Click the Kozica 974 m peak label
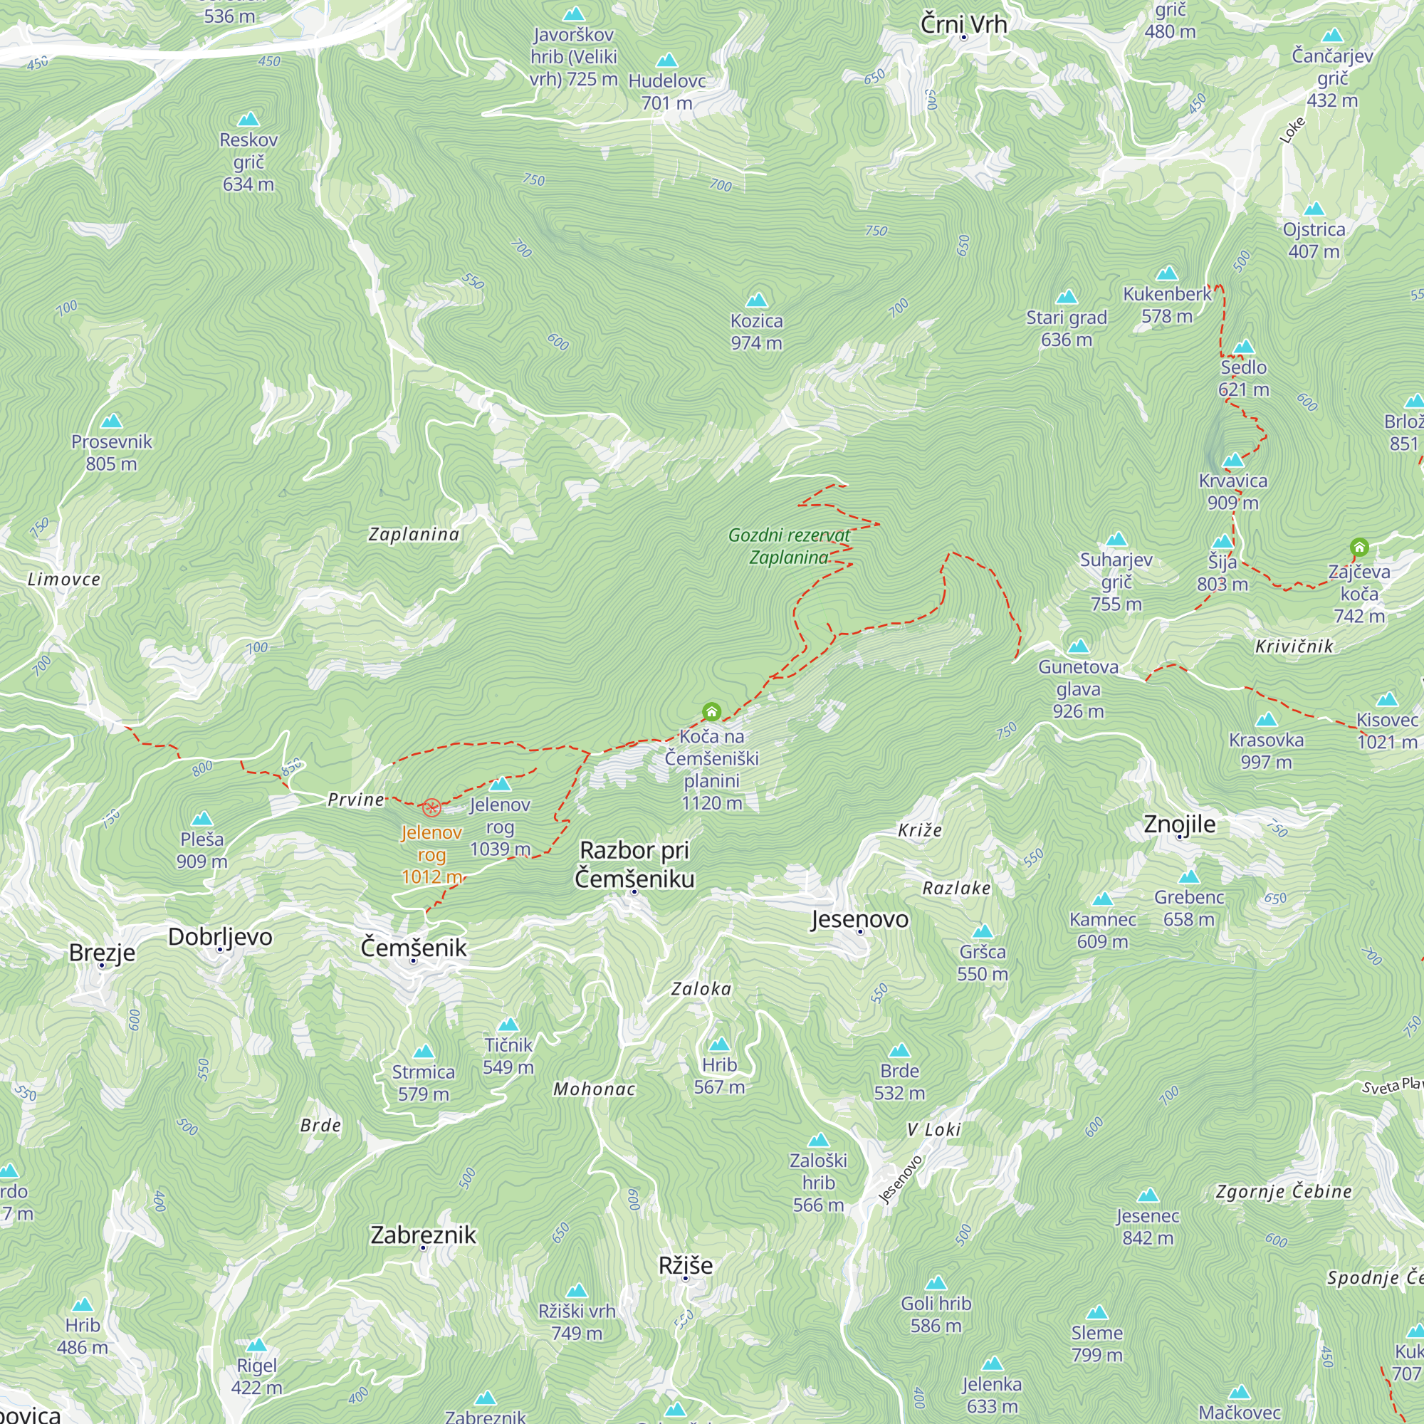(x=756, y=332)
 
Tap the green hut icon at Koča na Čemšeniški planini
(x=711, y=711)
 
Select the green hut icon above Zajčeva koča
(x=1359, y=547)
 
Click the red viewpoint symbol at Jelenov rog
(x=432, y=807)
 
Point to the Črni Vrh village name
(x=963, y=24)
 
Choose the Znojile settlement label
(x=1179, y=824)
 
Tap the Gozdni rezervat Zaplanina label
(x=789, y=546)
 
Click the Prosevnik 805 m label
(x=111, y=453)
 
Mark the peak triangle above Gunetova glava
(x=1078, y=646)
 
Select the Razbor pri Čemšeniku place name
(x=634, y=864)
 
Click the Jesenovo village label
(x=859, y=919)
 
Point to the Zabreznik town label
(x=423, y=1235)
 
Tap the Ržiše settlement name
(x=686, y=1265)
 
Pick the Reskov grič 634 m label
(x=248, y=162)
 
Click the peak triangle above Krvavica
(x=1233, y=461)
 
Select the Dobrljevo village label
(x=221, y=937)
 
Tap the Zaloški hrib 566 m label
(x=818, y=1182)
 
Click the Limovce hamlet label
(x=64, y=580)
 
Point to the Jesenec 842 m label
(x=1148, y=1227)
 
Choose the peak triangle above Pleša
(x=202, y=818)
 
